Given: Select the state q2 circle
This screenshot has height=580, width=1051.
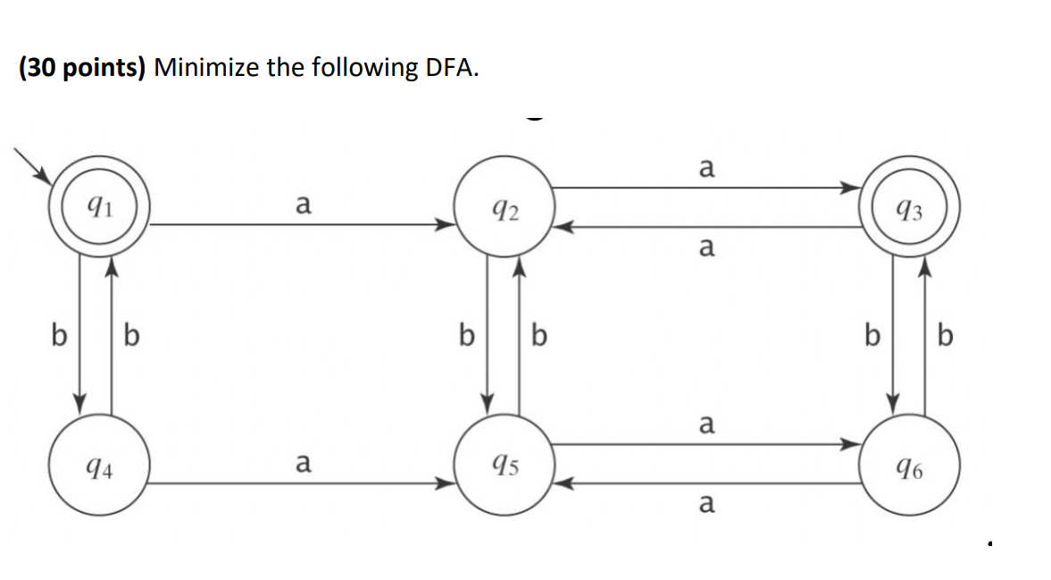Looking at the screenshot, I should [505, 211].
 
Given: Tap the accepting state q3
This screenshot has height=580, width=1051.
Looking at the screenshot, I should [909, 211].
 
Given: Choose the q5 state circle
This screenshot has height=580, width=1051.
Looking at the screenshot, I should [505, 465].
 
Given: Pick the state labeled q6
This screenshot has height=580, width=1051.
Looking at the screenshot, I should [909, 465].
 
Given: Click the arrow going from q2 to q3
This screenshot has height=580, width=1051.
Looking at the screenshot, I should [705, 188].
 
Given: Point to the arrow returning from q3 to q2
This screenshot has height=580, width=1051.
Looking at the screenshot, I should [705, 226].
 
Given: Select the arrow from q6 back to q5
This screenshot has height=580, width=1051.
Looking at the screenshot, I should [705, 484].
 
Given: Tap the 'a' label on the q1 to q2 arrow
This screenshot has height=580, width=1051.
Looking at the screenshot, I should [303, 206].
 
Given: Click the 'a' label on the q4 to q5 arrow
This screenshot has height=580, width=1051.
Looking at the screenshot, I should [303, 464].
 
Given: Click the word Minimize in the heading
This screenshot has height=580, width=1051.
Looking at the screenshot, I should [206, 68].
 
